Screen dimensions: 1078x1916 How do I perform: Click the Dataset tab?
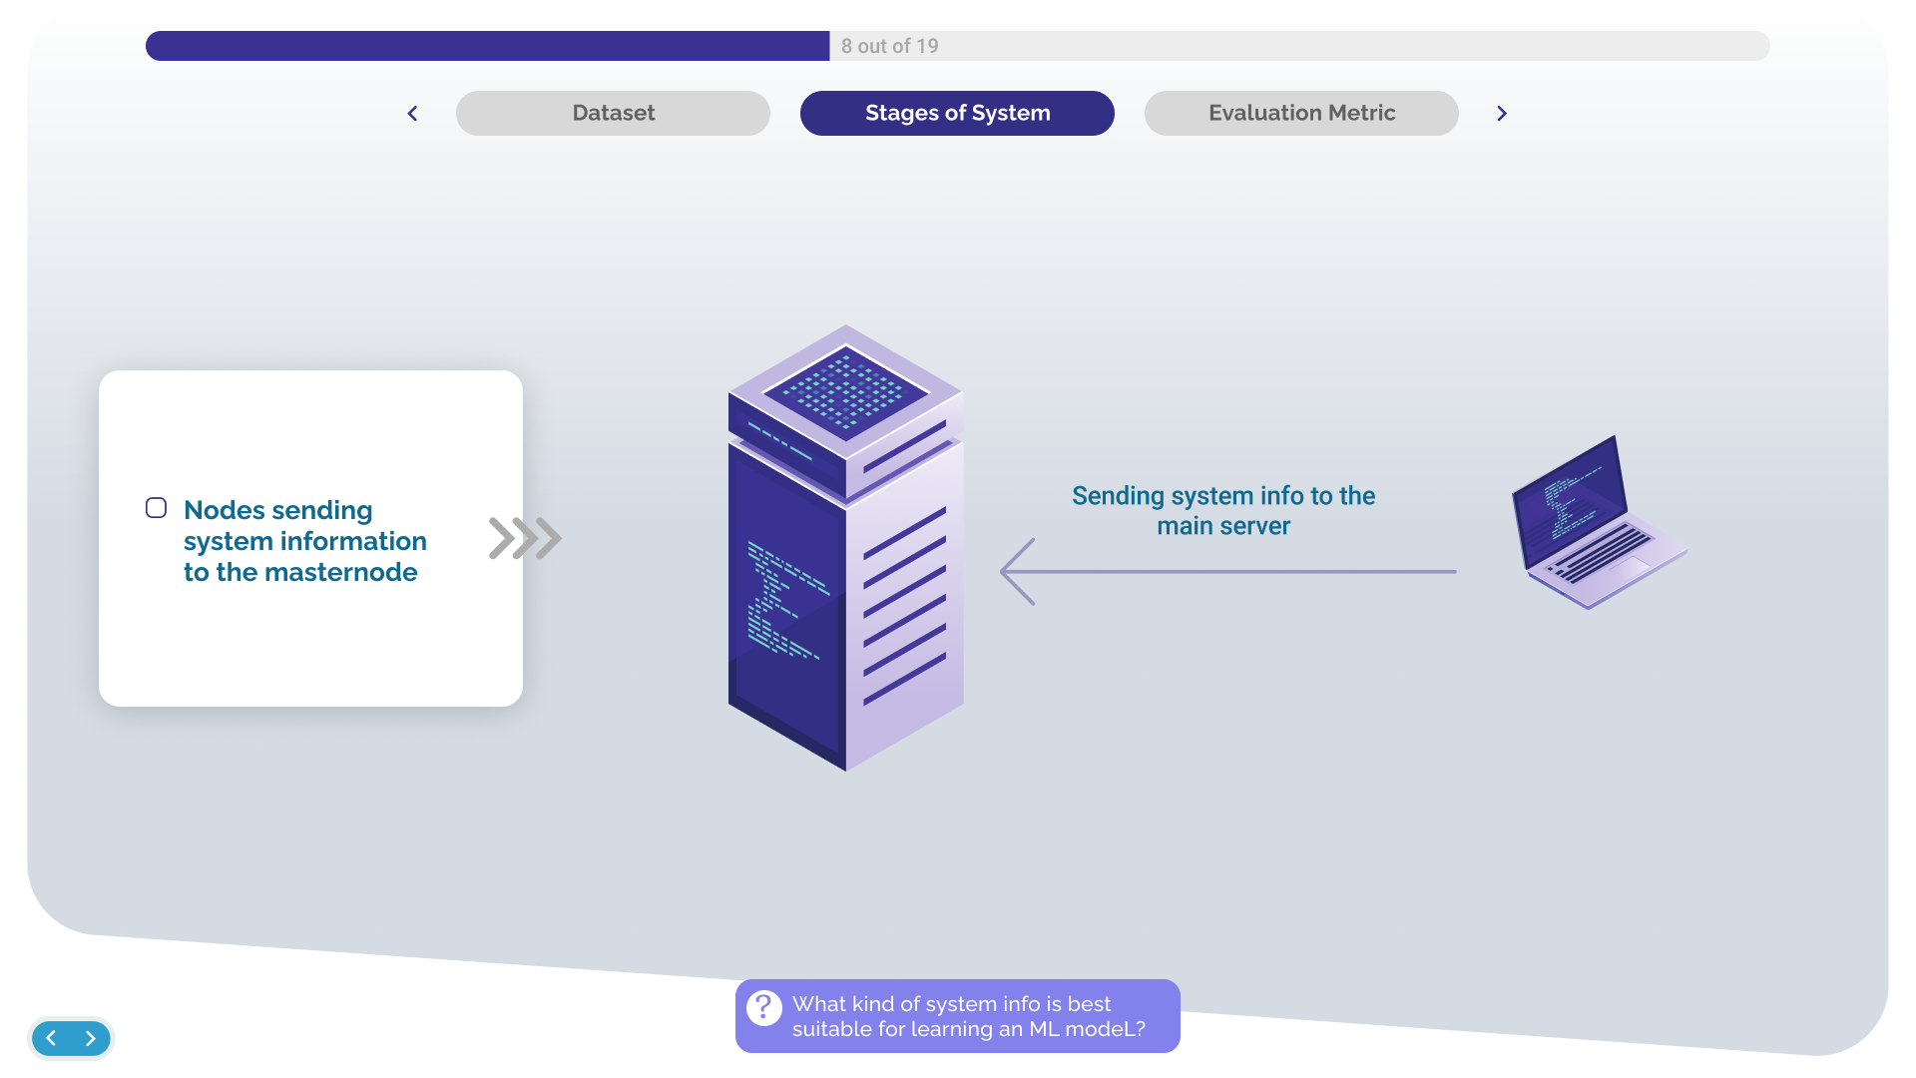613,113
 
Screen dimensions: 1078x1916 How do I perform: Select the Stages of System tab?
957,113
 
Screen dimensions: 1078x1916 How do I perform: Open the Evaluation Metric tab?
1301,113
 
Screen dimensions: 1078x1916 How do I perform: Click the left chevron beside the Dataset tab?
412,114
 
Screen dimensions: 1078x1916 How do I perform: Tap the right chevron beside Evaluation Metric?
1501,114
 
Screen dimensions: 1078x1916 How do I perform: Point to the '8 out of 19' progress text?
889,46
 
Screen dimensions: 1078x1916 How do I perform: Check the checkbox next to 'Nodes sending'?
157,508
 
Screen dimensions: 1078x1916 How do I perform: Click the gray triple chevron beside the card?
525,538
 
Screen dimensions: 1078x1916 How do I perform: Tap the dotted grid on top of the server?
845,392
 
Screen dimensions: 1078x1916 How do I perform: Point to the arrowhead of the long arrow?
1016,572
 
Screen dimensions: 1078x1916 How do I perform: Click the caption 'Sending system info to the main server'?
1223,510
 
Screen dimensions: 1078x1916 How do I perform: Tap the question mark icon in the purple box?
764,1008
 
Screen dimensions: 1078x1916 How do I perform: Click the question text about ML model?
968,1016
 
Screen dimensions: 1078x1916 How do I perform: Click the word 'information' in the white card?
354,541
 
